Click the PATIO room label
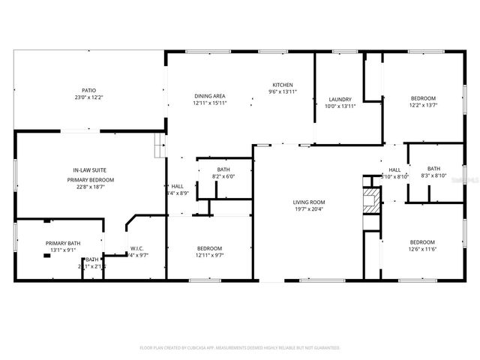click(x=88, y=90)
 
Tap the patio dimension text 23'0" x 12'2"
click(x=88, y=97)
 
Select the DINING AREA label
click(x=210, y=96)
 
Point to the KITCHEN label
click(x=283, y=85)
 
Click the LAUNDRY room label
click(x=340, y=100)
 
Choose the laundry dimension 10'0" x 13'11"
click(x=340, y=106)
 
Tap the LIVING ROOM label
click(x=308, y=202)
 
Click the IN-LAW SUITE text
click(x=90, y=172)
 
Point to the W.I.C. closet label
click(x=136, y=248)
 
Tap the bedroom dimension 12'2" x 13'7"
click(x=422, y=106)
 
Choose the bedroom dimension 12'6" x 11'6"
click(x=421, y=249)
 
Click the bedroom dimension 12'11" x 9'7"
click(x=209, y=256)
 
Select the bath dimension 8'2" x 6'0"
click(x=223, y=177)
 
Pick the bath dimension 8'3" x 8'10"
click(x=434, y=175)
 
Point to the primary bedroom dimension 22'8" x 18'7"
click(x=90, y=188)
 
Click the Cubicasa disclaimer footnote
click(x=240, y=348)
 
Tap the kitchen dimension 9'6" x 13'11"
click(x=283, y=92)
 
